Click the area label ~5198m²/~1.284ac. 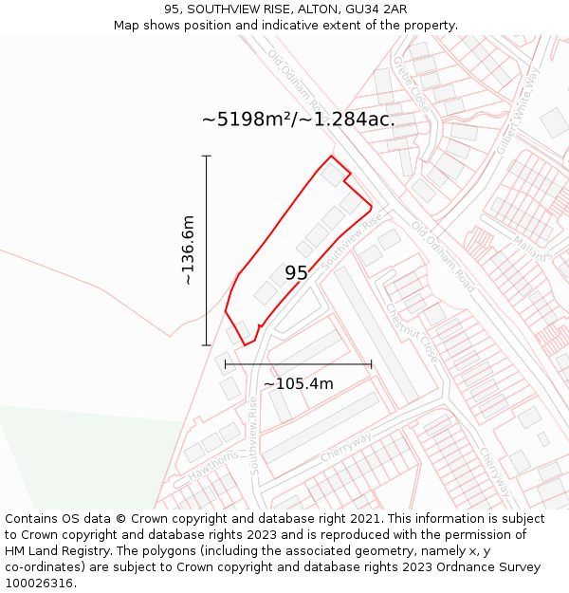pyautogui.click(x=298, y=120)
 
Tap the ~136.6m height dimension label pyautogui.click(x=188, y=250)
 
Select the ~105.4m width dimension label pyautogui.click(x=298, y=383)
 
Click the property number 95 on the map pyautogui.click(x=296, y=273)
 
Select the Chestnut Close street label pyautogui.click(x=412, y=331)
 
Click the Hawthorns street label pyautogui.click(x=212, y=466)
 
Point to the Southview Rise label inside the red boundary pyautogui.click(x=352, y=239)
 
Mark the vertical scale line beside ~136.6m pyautogui.click(x=207, y=250)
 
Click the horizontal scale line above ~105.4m pyautogui.click(x=298, y=364)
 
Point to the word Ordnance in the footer pyautogui.click(x=446, y=567)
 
